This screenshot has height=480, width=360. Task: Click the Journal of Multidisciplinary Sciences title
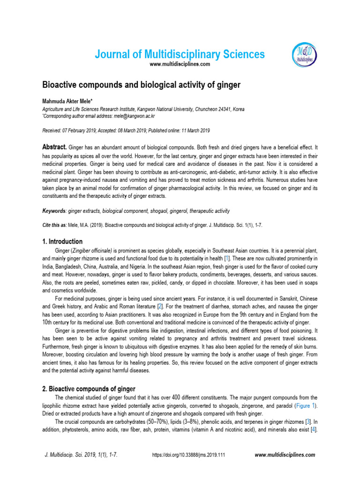[180, 54]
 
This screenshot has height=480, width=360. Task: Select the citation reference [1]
[227, 259]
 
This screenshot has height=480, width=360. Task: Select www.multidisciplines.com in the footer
[285, 455]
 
